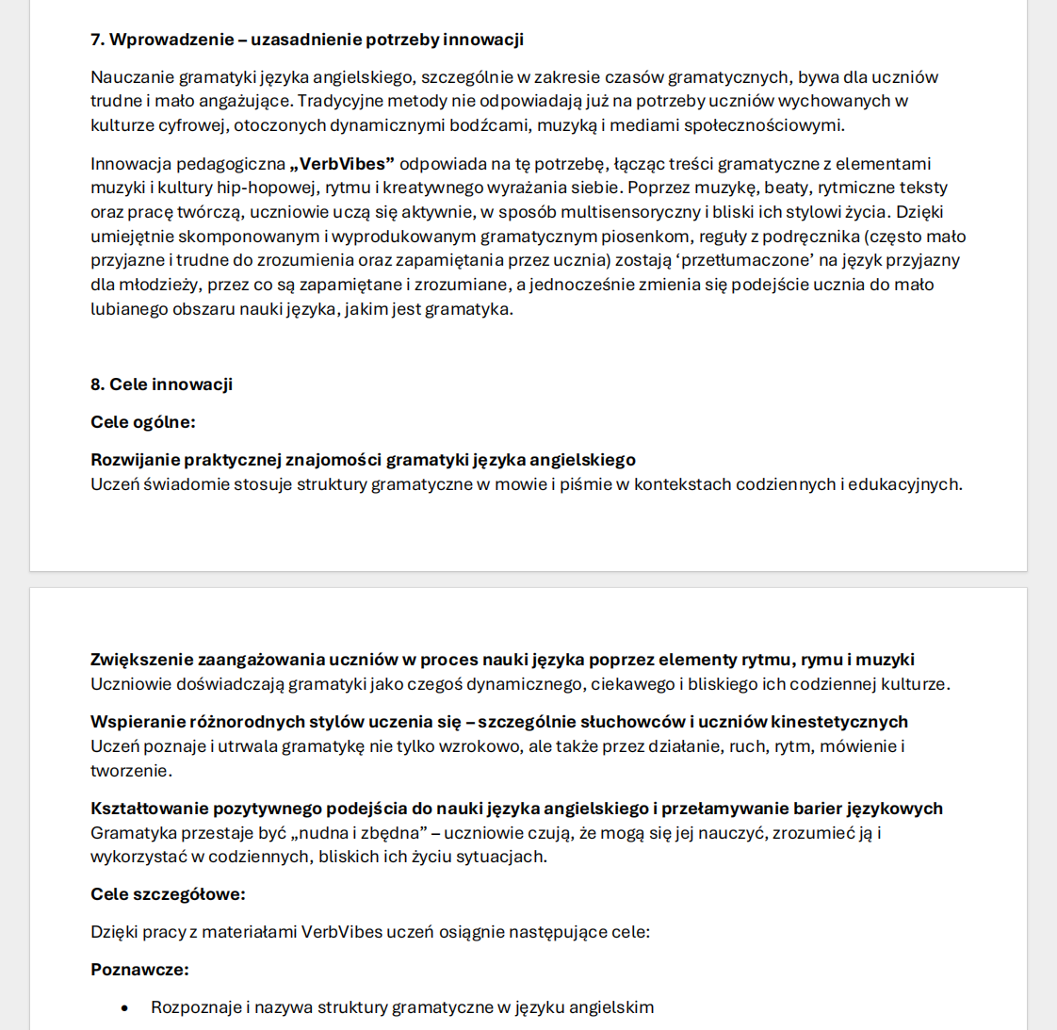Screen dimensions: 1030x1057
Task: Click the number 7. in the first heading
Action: coord(97,40)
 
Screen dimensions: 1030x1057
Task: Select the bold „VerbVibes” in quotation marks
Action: coord(342,164)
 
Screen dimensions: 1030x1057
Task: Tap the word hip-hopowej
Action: coord(267,188)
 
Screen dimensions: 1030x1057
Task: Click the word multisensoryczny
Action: coord(630,212)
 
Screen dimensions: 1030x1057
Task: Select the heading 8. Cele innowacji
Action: coord(161,384)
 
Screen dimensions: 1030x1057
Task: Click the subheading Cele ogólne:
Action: coord(143,422)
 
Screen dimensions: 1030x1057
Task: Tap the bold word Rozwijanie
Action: coord(135,460)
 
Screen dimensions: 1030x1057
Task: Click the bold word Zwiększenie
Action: coord(141,660)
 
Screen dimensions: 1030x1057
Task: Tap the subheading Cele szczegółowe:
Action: coord(168,894)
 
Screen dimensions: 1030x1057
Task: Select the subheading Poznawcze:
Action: coord(139,970)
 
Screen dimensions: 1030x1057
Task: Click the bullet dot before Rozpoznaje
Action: coord(123,1008)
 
